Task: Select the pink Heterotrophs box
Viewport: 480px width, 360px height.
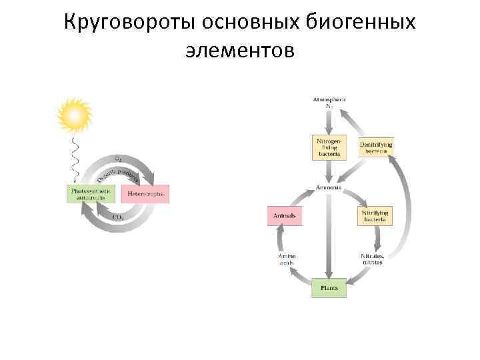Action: coord(145,194)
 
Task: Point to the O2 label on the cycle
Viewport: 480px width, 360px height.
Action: coord(118,159)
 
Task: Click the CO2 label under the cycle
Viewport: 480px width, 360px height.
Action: coord(117,217)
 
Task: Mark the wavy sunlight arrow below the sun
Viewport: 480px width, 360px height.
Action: coord(75,157)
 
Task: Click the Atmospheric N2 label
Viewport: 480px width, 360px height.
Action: coord(329,103)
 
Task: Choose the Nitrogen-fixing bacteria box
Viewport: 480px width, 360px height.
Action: coord(329,147)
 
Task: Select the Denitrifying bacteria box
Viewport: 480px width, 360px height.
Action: coord(376,147)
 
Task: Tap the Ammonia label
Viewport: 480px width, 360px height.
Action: coord(329,187)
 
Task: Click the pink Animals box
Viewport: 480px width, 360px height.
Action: coord(285,216)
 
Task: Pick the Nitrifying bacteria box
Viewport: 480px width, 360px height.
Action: coord(375,215)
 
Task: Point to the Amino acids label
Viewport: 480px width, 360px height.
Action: coord(287,259)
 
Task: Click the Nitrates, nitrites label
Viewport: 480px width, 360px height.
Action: coord(372,259)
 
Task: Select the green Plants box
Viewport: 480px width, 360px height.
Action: coord(329,288)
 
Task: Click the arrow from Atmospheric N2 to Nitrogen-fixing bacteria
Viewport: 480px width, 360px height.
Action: coord(329,122)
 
